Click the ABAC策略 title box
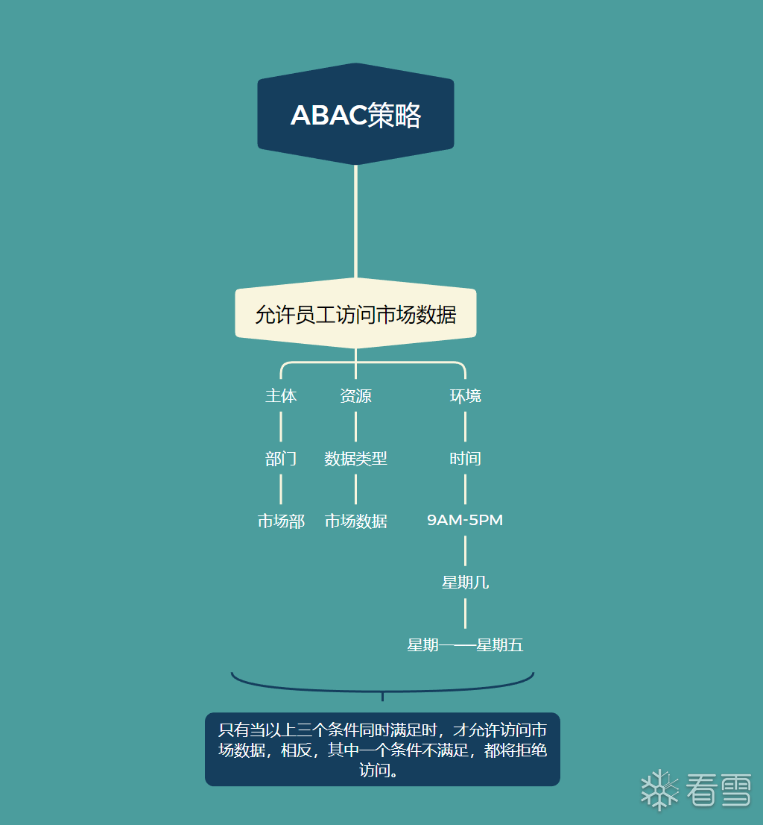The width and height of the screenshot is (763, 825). [x=355, y=114]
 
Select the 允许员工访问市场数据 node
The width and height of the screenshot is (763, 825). [x=355, y=313]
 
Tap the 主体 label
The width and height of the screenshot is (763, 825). [x=281, y=395]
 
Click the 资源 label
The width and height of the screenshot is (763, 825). [x=355, y=395]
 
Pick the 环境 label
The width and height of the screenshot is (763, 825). [x=465, y=395]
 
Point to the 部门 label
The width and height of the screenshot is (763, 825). [x=281, y=458]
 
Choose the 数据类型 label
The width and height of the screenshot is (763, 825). [x=355, y=458]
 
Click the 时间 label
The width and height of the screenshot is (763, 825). [x=465, y=458]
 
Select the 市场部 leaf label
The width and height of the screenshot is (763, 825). [x=281, y=521]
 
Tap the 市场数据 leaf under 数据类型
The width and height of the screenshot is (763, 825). [x=355, y=521]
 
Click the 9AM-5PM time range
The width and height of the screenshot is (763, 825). [x=465, y=520]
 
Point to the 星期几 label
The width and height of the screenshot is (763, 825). [x=465, y=583]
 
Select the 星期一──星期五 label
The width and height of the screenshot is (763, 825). [x=465, y=645]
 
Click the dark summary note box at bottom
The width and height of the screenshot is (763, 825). [x=382, y=749]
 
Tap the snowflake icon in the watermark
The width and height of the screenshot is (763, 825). [x=659, y=790]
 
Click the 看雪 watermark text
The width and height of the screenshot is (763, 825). [x=718, y=790]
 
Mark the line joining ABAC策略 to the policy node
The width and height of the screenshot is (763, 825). [x=355, y=222]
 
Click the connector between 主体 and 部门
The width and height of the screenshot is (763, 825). [x=281, y=427]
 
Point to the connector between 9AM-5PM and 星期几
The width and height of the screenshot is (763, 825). [x=465, y=551]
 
